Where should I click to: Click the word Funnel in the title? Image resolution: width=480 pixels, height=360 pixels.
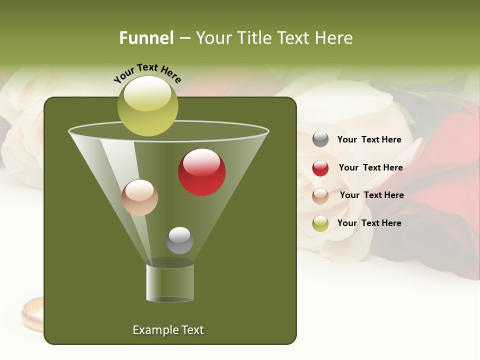pyautogui.click(x=146, y=38)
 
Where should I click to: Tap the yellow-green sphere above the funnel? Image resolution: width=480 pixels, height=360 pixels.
pyautogui.click(x=148, y=106)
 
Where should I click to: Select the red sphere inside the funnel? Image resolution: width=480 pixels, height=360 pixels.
pyautogui.click(x=202, y=172)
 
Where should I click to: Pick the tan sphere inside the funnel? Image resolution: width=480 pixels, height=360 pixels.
pyautogui.click(x=139, y=197)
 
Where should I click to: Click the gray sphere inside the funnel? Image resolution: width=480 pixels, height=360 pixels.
pyautogui.click(x=179, y=240)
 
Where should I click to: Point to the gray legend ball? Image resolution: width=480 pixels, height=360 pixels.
pyautogui.click(x=320, y=139)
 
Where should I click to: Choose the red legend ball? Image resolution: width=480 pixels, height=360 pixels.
pyautogui.click(x=320, y=168)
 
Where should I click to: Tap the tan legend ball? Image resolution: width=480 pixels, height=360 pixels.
pyautogui.click(x=320, y=196)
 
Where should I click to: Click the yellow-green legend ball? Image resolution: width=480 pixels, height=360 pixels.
pyautogui.click(x=320, y=223)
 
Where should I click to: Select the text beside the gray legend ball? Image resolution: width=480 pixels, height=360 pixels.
pyautogui.click(x=369, y=140)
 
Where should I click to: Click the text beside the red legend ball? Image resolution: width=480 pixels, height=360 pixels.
pyautogui.click(x=370, y=168)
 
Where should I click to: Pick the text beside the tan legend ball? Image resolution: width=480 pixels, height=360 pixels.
pyautogui.click(x=371, y=195)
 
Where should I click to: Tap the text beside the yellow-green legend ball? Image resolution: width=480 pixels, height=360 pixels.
pyautogui.click(x=369, y=223)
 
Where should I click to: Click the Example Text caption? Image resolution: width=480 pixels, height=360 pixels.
pyautogui.click(x=168, y=330)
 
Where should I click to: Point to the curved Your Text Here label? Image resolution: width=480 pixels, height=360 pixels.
pyautogui.click(x=147, y=73)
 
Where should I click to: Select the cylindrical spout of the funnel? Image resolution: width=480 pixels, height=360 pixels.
pyautogui.click(x=170, y=283)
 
